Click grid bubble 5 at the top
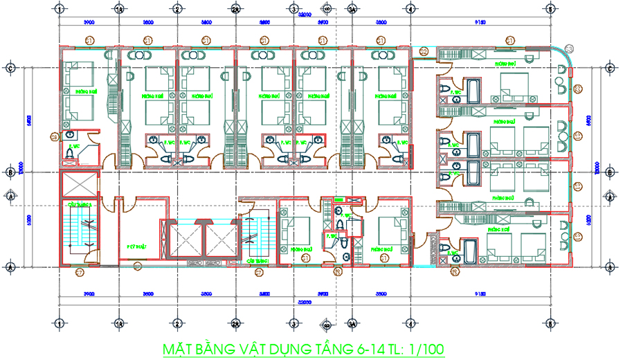click(549, 9)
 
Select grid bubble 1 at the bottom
click(60, 323)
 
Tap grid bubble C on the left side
click(10, 68)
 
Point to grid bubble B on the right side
click(609, 172)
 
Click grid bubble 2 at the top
click(177, 9)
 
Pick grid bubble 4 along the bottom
click(410, 323)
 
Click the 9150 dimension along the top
click(480, 22)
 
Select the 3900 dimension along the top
click(89, 22)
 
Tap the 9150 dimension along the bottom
click(480, 294)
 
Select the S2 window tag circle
click(424, 51)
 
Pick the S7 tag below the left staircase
click(79, 272)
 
